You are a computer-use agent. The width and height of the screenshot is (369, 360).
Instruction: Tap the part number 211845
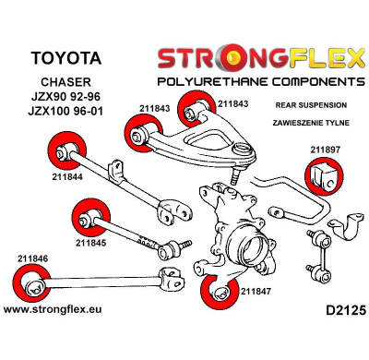click(x=90, y=244)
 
